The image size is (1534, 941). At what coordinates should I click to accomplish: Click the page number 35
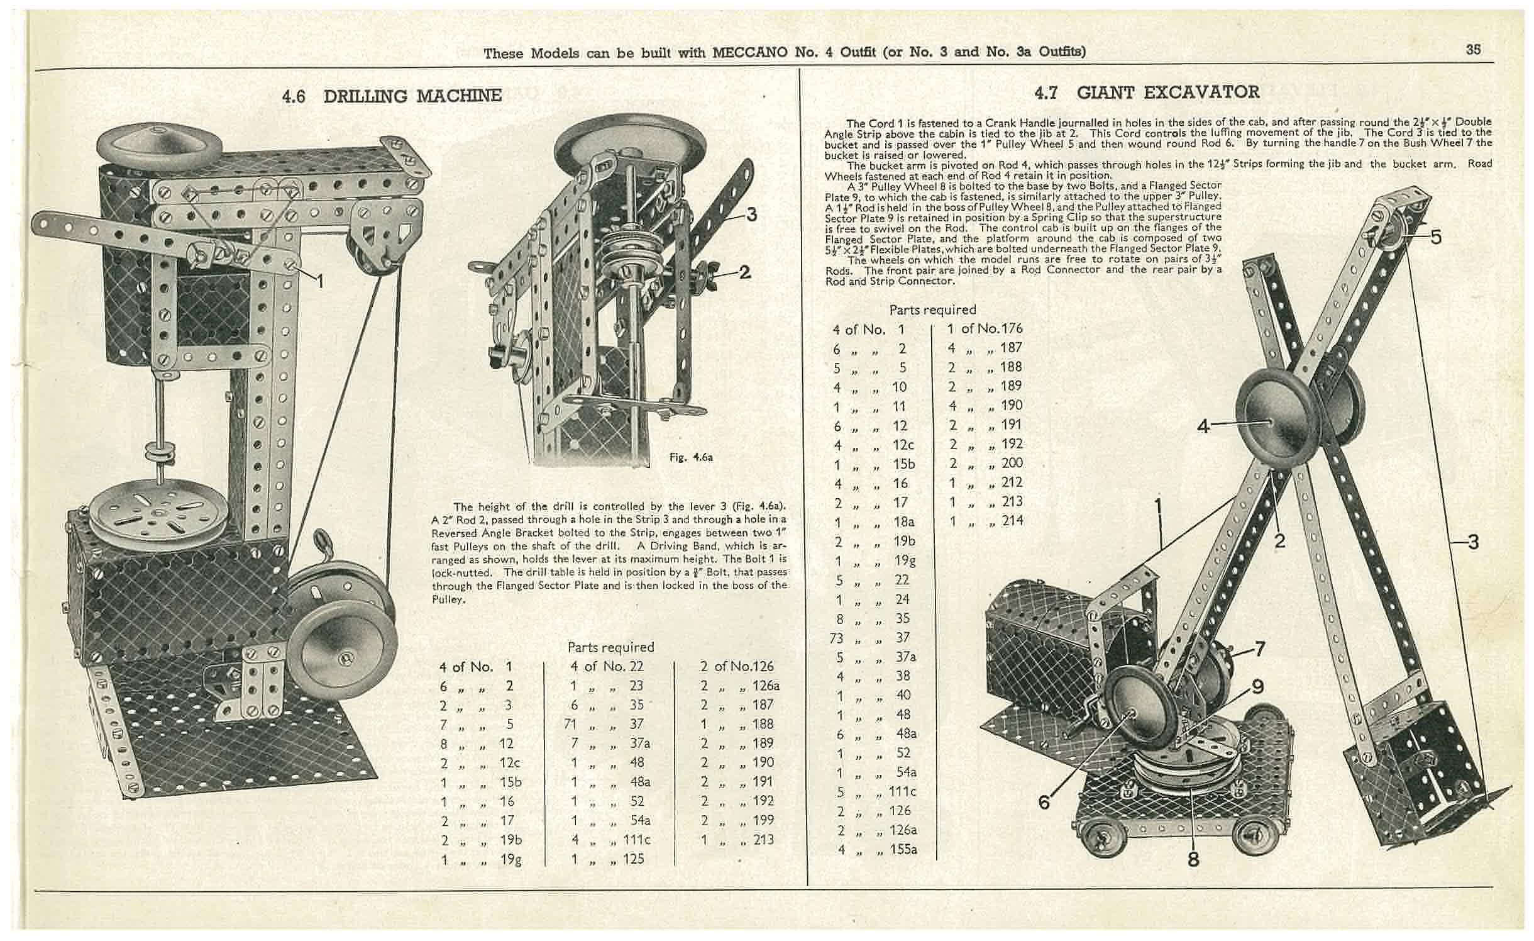[x=1473, y=50]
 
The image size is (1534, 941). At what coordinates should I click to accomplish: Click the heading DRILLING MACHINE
[x=412, y=96]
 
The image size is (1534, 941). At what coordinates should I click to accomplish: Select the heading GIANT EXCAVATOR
[x=1168, y=92]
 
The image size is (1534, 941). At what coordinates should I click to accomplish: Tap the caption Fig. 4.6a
[x=691, y=458]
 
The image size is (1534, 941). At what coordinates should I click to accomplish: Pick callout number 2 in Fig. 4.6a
[x=744, y=272]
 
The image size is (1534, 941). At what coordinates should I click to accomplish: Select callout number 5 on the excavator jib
[x=1435, y=237]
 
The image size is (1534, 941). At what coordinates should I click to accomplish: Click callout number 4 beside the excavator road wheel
[x=1203, y=426]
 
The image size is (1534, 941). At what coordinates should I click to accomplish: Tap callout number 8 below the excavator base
[x=1193, y=859]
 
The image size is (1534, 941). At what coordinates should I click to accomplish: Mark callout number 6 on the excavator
[x=1044, y=802]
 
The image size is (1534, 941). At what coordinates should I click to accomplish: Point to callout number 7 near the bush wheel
[x=1259, y=649]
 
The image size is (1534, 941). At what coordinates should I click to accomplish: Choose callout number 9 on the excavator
[x=1257, y=687]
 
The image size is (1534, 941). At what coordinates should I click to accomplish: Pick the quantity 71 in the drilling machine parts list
[x=570, y=724]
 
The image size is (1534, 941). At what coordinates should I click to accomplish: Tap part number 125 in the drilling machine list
[x=633, y=859]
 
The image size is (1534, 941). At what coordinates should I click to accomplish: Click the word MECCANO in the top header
[x=749, y=53]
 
